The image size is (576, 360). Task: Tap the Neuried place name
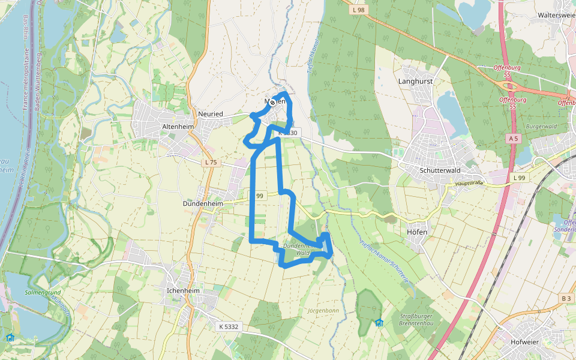[x=210, y=114]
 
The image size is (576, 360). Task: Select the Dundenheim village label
[x=202, y=203]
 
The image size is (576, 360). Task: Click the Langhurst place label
[x=415, y=80]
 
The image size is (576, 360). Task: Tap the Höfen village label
[x=416, y=232]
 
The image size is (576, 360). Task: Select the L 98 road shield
[x=358, y=10]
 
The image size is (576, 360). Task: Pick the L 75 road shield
[x=210, y=162]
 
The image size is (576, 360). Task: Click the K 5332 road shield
[x=228, y=326]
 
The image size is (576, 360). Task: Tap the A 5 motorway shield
[x=512, y=139]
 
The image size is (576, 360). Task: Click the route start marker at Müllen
[x=272, y=103]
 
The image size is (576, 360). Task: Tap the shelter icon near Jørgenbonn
[x=379, y=323]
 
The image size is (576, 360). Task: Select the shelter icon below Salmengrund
[x=10, y=337]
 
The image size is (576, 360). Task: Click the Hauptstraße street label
[x=469, y=183]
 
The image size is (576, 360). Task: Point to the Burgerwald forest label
[x=541, y=127]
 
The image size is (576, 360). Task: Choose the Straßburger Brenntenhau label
[x=416, y=319]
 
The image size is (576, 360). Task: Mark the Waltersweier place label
[x=556, y=15]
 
